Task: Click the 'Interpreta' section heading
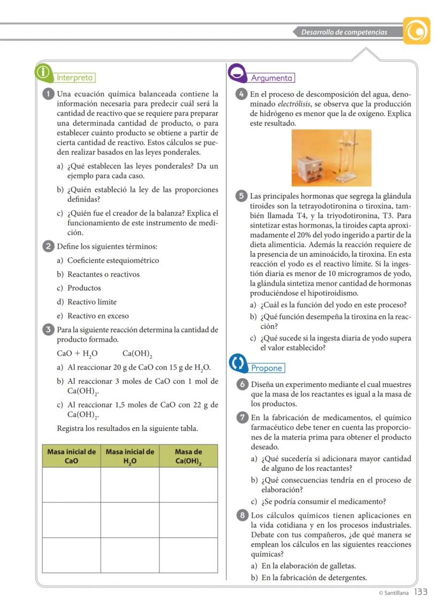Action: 75,78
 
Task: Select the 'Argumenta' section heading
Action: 272,78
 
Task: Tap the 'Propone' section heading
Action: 267,368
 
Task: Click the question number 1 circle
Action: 48,94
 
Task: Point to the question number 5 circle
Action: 241,196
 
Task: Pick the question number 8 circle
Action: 241,516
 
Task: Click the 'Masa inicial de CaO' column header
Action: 72,456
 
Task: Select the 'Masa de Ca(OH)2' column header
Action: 188,456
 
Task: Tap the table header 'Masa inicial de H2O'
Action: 130,456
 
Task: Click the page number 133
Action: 421,592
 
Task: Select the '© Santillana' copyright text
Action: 393,593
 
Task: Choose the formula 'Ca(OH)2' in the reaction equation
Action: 138,354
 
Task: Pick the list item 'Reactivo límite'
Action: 91,302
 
